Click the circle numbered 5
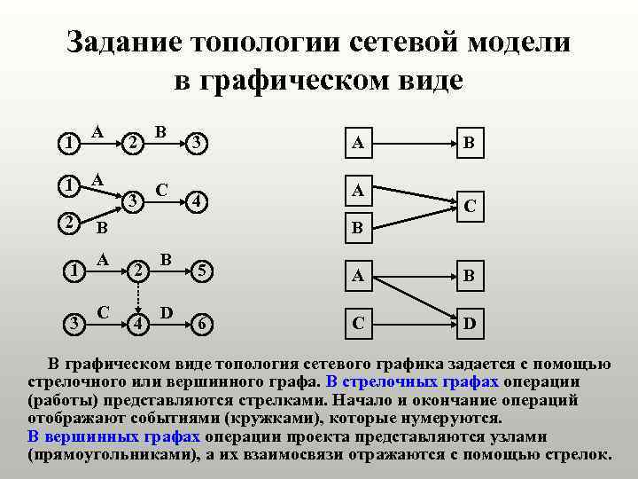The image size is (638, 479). pos(202,270)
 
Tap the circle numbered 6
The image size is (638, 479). pos(202,323)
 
